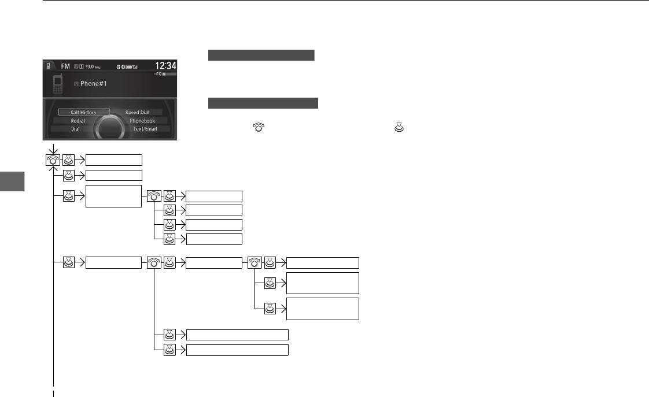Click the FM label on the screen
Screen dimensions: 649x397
pyautogui.click(x=65, y=66)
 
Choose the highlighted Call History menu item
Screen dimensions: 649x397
pyautogui.click(x=79, y=112)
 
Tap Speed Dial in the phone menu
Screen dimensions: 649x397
pyautogui.click(x=137, y=112)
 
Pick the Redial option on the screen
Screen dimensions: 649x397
pyautogui.click(x=78, y=121)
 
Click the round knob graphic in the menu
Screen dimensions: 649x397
pyautogui.click(x=110, y=124)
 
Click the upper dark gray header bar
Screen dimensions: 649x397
pyautogui.click(x=261, y=55)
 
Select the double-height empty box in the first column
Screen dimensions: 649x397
pyautogui.click(x=114, y=196)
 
